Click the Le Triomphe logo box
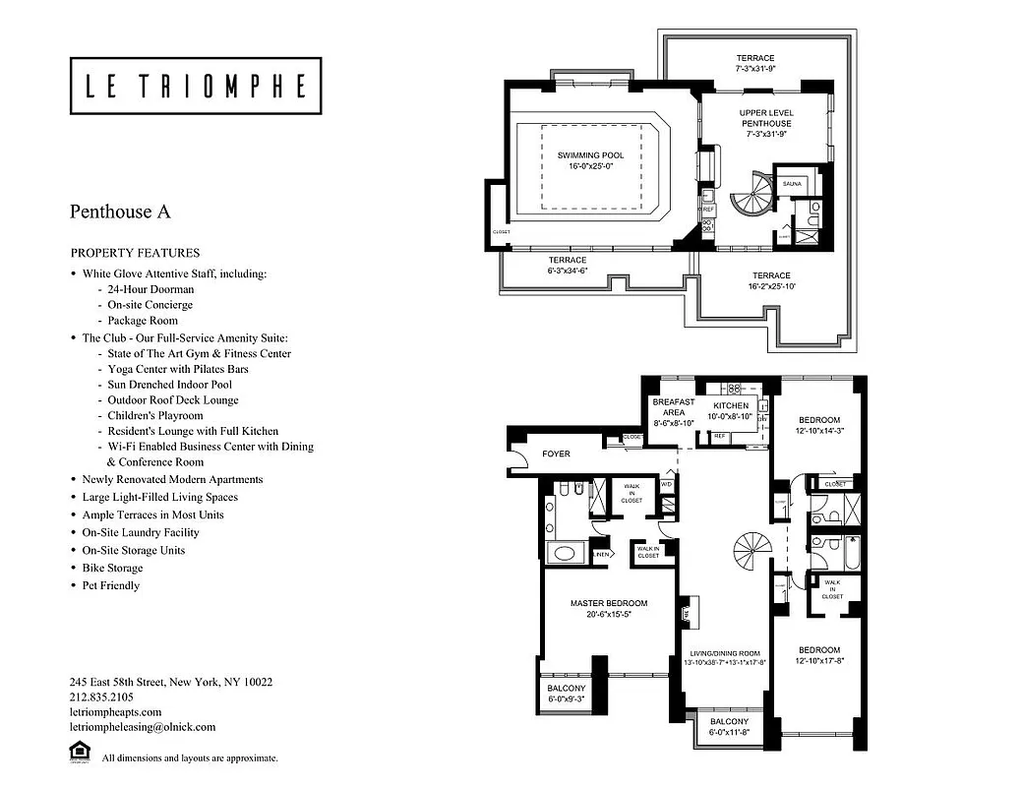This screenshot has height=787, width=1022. pyautogui.click(x=196, y=87)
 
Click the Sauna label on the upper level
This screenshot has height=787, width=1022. pyautogui.click(x=792, y=184)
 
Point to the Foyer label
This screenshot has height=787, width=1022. pyautogui.click(x=557, y=454)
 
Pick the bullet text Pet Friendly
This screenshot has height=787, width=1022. pyautogui.click(x=111, y=585)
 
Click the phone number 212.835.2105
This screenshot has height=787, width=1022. pyautogui.click(x=102, y=696)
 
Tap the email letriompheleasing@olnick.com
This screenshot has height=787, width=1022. pyautogui.click(x=143, y=727)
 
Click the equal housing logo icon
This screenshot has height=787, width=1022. pyautogui.click(x=79, y=753)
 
